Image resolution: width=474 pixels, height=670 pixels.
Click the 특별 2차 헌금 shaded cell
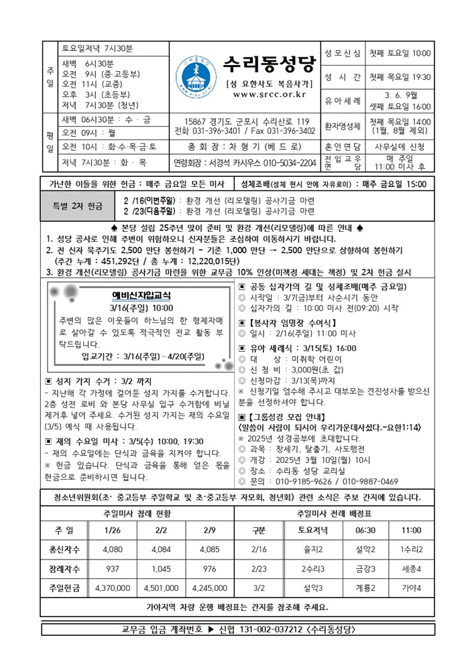(80, 205)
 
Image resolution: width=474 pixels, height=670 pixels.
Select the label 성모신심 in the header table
(343, 54)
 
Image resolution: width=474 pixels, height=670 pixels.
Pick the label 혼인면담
(343, 145)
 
